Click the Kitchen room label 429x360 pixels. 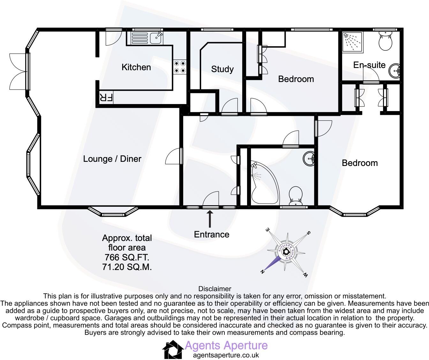136,67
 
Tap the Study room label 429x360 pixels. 222,69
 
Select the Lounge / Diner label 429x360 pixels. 112,159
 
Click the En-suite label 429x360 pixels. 369,65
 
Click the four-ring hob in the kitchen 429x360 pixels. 180,67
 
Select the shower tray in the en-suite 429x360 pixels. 352,41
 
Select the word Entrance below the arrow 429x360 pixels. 212,235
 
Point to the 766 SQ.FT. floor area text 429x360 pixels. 127,257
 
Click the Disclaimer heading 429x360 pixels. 214,289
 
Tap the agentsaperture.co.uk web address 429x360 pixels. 226,355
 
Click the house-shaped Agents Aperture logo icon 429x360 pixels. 173,350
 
